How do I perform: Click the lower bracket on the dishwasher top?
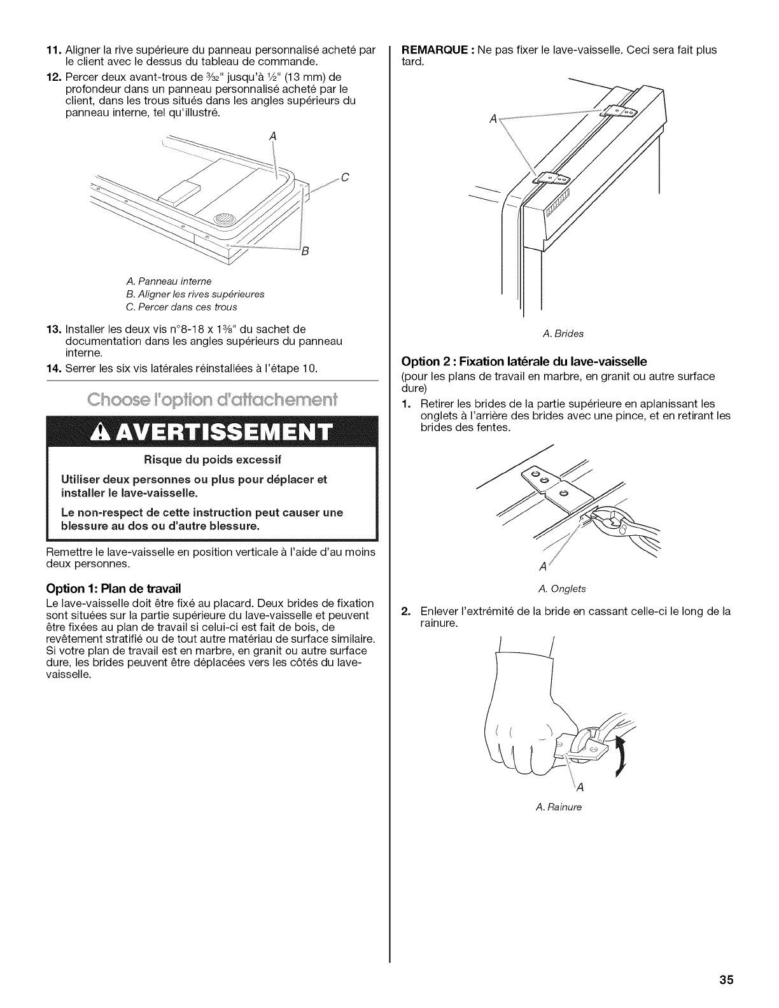point(552,180)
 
